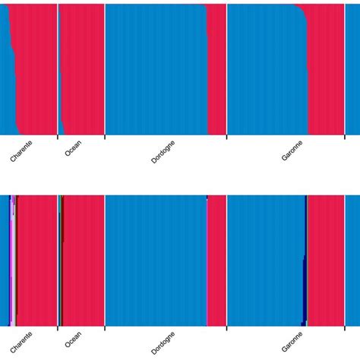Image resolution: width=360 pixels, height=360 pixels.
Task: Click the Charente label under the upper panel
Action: [x=21, y=151]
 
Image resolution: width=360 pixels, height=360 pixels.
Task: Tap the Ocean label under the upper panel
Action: [x=73, y=148]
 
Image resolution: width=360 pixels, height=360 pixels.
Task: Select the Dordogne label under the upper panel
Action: [x=163, y=151]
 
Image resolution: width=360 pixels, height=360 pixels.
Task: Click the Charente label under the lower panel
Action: [x=21, y=343]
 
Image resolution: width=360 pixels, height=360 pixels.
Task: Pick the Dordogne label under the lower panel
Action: [x=163, y=343]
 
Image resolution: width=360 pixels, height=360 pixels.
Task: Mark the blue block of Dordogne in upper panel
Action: [x=156, y=68]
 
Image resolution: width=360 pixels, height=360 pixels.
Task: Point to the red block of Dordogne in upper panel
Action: [x=217, y=68]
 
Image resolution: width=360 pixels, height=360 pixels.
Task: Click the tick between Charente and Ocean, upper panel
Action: [x=58, y=137]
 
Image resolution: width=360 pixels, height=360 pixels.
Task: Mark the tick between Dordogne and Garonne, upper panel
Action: [x=227, y=137]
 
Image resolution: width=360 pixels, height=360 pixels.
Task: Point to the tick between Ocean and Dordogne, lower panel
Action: [x=105, y=328]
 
